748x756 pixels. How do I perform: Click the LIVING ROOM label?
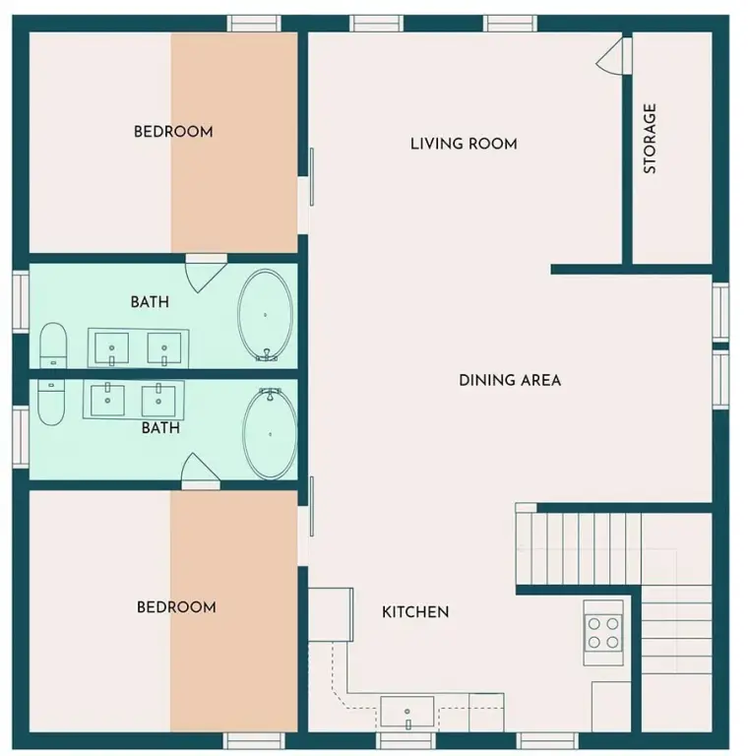464,144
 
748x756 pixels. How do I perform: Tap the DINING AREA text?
510,380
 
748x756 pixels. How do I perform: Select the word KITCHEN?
415,612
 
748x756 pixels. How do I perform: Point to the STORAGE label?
650,139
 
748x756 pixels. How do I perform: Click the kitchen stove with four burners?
603,633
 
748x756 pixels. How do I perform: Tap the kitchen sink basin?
407,711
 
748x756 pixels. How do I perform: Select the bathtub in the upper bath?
265,315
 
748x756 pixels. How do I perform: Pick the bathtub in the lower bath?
270,434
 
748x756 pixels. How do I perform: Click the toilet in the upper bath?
53,346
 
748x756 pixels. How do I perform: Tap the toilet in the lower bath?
51,402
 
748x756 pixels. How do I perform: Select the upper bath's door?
207,273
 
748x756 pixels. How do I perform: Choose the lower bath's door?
201,472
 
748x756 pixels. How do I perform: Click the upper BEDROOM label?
173,132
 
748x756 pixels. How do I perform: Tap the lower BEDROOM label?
176,607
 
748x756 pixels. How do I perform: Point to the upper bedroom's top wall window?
254,24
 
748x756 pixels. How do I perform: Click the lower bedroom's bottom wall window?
254,740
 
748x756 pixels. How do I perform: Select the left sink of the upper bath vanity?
112,348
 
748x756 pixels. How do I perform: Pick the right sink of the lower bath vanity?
158,401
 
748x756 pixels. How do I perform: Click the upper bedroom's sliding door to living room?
312,177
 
